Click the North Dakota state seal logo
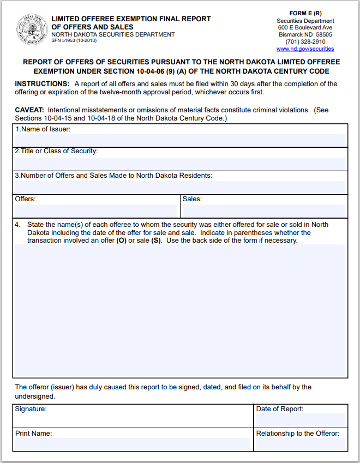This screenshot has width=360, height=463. [32, 29]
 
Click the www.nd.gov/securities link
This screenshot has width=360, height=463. [305, 49]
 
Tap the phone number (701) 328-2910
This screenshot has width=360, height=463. [305, 41]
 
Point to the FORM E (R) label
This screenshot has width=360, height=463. [305, 13]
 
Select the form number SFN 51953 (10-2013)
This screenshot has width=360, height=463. [74, 40]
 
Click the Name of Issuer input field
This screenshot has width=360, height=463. [180, 140]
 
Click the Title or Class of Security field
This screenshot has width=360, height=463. [180, 163]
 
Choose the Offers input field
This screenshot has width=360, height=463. [97, 211]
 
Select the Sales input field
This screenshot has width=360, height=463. [263, 211]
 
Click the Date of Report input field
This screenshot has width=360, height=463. [300, 419]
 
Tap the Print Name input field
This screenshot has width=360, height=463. [133, 444]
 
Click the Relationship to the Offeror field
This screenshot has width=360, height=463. [300, 444]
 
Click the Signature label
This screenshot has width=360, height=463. [31, 409]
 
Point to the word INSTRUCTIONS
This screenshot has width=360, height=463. [42, 84]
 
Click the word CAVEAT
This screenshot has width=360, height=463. [29, 110]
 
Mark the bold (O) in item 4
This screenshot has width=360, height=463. [122, 240]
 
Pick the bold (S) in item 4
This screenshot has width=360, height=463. [156, 240]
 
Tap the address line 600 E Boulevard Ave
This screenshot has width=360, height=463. [305, 27]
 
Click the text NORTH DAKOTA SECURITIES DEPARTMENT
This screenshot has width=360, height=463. [113, 34]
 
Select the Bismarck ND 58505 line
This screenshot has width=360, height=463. [305, 34]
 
